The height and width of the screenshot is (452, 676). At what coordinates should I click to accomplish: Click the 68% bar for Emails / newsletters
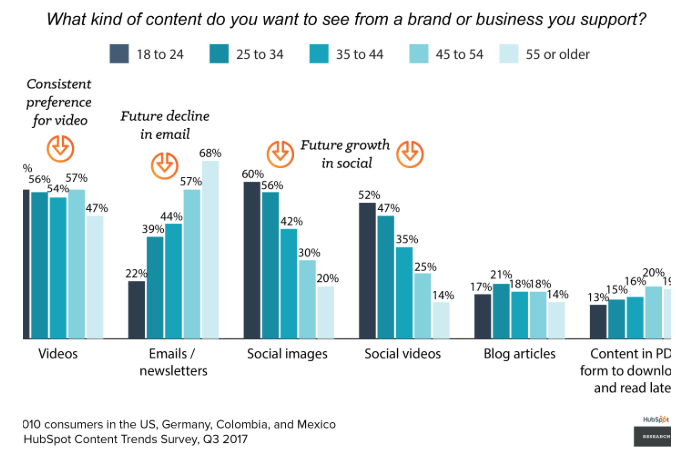click(x=210, y=250)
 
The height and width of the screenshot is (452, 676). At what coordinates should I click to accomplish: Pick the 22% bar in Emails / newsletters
click(x=137, y=310)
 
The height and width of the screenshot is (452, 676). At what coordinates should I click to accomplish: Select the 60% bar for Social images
click(x=253, y=260)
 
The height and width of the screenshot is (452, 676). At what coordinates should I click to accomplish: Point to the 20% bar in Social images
click(x=326, y=312)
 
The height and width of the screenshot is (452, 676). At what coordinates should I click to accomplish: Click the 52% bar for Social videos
click(x=368, y=270)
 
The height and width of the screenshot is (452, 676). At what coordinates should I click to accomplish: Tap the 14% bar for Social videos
click(x=441, y=320)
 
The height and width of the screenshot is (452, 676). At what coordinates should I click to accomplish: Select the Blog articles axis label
click(x=520, y=354)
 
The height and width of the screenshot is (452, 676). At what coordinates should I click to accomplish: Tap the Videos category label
click(x=58, y=354)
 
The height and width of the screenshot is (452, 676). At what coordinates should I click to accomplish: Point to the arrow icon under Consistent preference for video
click(x=60, y=148)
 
